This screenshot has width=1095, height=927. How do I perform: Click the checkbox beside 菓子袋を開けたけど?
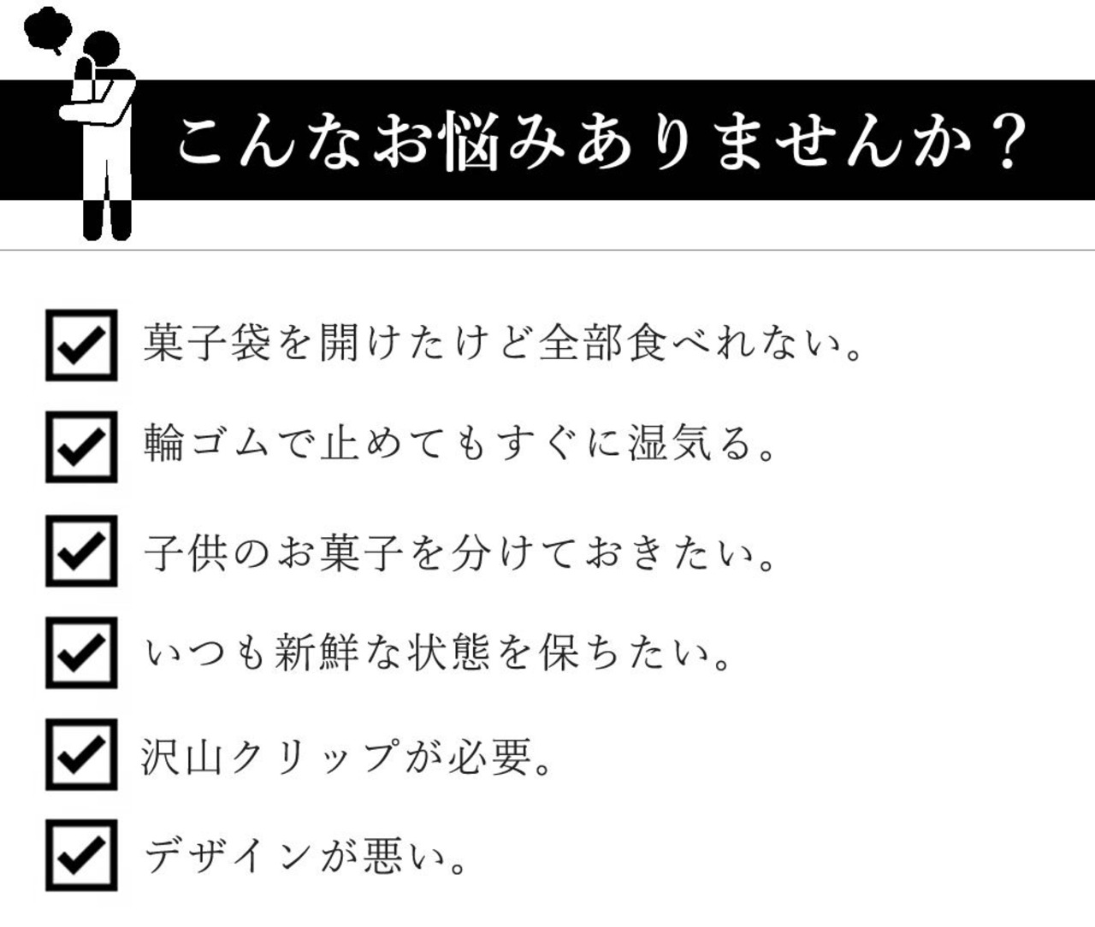[x=81, y=345]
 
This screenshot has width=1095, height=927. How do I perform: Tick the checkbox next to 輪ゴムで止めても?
[x=81, y=446]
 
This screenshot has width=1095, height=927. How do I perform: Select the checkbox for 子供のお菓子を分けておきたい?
[x=81, y=550]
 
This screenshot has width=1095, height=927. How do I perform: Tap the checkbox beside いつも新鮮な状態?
[x=81, y=652]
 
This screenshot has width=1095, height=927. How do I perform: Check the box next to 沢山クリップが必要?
[x=81, y=754]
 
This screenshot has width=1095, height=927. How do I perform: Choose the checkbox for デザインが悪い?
[x=81, y=855]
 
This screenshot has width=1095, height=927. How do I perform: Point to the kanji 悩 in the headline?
[x=466, y=142]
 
